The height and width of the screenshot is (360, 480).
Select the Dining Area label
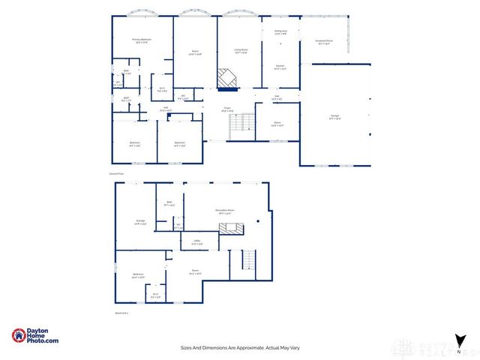(x=280, y=32)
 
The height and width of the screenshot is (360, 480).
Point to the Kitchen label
(x=280, y=67)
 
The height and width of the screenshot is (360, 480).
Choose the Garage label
(x=334, y=116)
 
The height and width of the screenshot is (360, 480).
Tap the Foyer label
(x=227, y=110)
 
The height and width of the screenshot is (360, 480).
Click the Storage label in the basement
(x=140, y=221)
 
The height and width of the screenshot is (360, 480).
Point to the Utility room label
(x=196, y=242)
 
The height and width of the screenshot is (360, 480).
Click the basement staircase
(x=247, y=261)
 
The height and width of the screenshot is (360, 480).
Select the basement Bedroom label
(x=138, y=275)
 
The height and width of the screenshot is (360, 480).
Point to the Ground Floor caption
(x=115, y=173)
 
